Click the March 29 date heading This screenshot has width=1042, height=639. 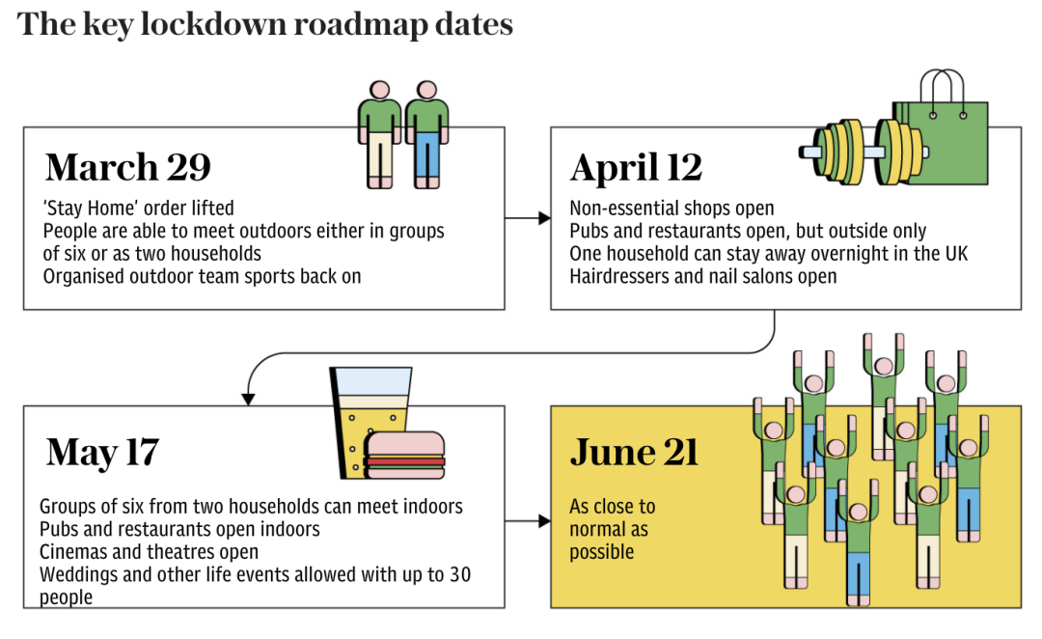(127, 168)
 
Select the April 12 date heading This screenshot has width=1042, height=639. (636, 168)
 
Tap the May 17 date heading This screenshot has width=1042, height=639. (102, 452)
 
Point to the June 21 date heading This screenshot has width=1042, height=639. (634, 452)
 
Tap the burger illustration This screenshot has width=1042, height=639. (405, 456)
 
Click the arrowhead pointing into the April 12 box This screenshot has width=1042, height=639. (544, 219)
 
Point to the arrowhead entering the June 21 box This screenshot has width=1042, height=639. (544, 522)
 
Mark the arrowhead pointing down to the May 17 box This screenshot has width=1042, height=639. (248, 398)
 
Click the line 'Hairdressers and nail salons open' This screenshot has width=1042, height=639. (703, 277)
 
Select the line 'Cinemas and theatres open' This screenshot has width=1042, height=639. (150, 552)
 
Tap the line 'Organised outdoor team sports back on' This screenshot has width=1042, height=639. (203, 276)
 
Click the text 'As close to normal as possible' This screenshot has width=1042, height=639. (612, 529)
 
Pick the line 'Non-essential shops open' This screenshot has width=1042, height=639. (672, 208)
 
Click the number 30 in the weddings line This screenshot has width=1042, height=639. (460, 575)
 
